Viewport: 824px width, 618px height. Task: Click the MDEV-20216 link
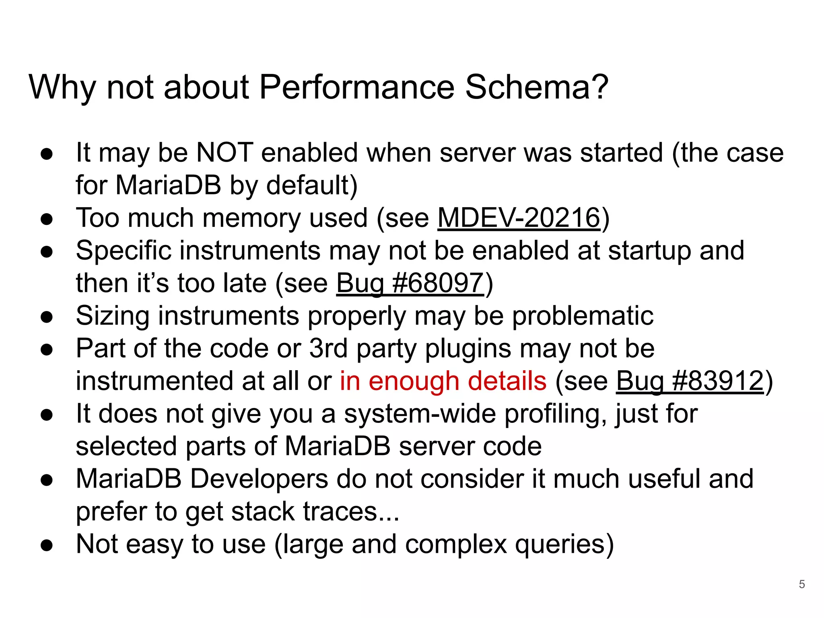pos(519,218)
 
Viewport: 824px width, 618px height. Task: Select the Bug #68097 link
pos(410,283)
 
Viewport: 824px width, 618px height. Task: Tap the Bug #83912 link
pos(690,381)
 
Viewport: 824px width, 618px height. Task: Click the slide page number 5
pos(801,584)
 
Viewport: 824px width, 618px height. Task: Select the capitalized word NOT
pos(224,153)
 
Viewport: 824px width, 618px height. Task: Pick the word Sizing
pos(113,317)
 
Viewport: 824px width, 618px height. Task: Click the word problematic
pos(583,316)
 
